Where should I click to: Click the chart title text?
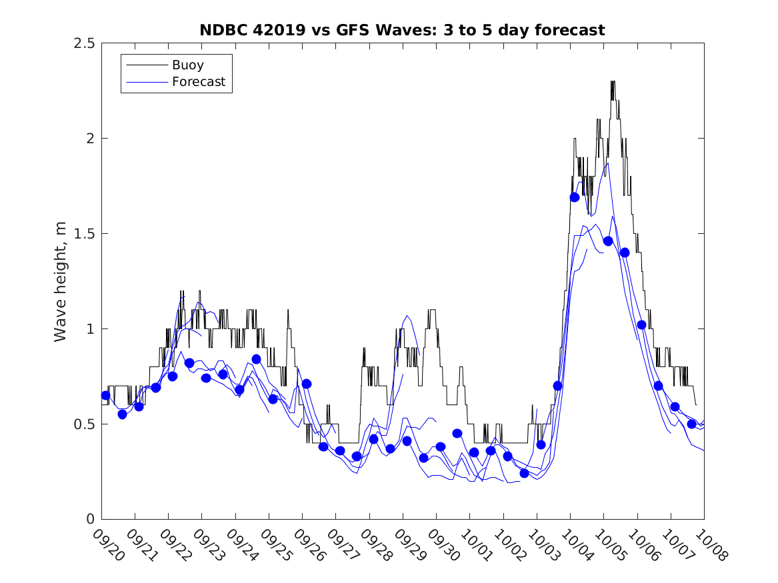[402, 30]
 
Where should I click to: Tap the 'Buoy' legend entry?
[188, 65]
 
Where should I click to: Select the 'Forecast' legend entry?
[199, 83]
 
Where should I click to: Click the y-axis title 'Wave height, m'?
[61, 281]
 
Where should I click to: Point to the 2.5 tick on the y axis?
[83, 43]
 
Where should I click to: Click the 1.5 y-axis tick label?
[83, 234]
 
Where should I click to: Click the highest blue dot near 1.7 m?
[575, 197]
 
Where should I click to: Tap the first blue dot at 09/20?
[105, 395]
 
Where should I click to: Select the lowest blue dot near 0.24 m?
[524, 473]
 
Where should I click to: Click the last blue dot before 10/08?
[692, 424]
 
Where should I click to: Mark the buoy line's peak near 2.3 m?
[613, 81]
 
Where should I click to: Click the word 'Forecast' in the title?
[572, 30]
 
